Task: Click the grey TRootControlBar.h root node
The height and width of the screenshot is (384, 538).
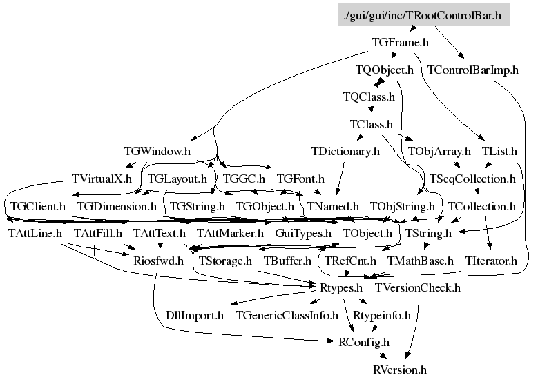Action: click(424, 15)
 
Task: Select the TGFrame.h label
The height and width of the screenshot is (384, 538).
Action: click(401, 43)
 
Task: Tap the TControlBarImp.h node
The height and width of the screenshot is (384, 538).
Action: click(473, 70)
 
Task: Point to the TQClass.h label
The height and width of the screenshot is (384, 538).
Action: click(369, 97)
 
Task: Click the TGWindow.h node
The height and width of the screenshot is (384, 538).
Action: click(157, 151)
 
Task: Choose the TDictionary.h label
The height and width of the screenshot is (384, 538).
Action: click(345, 151)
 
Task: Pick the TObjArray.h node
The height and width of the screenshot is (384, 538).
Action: click(439, 151)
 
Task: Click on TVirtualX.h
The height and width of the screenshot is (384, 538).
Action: click(102, 179)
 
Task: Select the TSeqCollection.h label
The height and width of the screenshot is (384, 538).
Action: click(472, 179)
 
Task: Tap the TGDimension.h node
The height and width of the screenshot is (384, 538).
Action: click(117, 206)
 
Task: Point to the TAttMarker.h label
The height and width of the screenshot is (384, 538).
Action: click(230, 233)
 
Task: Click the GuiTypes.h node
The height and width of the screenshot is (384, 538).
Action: click(303, 233)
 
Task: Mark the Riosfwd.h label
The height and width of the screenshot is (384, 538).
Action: click(159, 261)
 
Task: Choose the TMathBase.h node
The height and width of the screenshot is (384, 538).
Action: click(421, 261)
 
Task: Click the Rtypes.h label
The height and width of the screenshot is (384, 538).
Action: click(341, 287)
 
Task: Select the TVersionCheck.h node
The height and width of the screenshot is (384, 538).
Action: click(418, 287)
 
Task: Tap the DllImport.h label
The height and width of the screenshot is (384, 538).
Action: click(195, 315)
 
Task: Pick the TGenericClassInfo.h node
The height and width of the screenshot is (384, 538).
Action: click(287, 315)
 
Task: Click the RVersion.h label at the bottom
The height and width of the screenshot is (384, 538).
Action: click(400, 370)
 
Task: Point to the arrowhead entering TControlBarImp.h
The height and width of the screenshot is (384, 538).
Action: click(461, 55)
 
